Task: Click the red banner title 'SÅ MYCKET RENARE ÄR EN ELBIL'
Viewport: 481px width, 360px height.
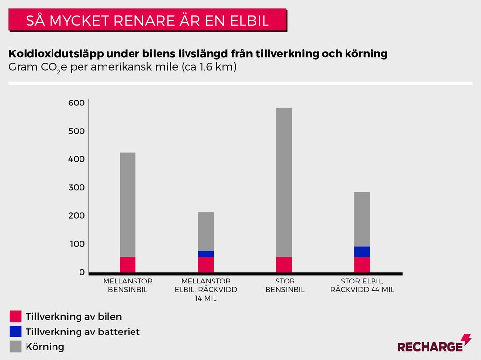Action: tap(147, 21)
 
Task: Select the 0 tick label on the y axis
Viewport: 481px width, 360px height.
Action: tap(81, 272)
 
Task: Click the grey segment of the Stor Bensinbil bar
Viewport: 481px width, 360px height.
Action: tap(284, 181)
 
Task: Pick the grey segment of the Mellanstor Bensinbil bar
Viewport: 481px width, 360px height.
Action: tap(128, 204)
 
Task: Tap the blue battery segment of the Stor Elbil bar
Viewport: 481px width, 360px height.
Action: tap(362, 252)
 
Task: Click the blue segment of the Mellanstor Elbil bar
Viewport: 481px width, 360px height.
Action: tap(206, 254)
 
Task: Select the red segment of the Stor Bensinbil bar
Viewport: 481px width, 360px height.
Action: tap(284, 264)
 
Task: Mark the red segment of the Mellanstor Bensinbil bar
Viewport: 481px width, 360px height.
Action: tap(128, 264)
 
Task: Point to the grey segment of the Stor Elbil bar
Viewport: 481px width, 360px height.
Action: tap(362, 219)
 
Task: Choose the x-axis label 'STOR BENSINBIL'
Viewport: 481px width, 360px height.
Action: tap(285, 285)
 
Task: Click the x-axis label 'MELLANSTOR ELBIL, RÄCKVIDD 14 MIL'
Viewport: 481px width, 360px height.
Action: tap(206, 289)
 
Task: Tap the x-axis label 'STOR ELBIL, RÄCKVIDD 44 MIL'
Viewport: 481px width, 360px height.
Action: tap(362, 285)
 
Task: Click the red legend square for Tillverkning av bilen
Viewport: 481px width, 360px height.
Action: tap(16, 316)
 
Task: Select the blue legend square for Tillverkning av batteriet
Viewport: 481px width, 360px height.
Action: tap(16, 332)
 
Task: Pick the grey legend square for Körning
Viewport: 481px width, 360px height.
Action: tap(16, 347)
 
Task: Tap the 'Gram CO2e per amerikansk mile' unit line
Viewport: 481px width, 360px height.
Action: tap(123, 68)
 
